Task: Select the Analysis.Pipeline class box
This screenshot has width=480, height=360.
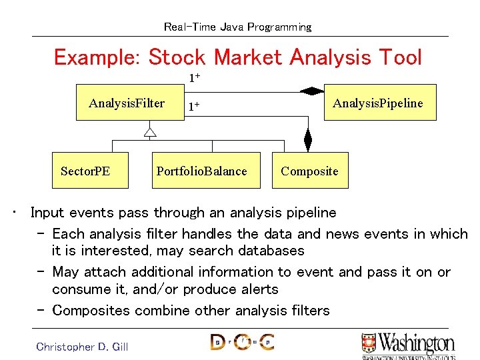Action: tap(379, 103)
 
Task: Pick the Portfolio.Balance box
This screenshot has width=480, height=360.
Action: tap(201, 171)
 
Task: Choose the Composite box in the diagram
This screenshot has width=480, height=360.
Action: tap(309, 171)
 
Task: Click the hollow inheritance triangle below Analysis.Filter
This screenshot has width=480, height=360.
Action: tap(150, 132)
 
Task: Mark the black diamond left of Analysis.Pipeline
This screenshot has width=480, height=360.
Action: tap(311, 91)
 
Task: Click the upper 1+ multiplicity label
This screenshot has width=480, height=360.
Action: tap(194, 78)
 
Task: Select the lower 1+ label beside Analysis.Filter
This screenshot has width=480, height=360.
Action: tap(194, 106)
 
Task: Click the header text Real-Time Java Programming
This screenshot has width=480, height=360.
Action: tap(237, 27)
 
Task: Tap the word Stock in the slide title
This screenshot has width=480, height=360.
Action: tap(177, 57)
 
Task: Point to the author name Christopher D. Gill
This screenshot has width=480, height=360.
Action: tap(82, 347)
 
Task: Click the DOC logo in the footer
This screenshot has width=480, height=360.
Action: tap(241, 343)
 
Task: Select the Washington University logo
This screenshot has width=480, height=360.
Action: tap(407, 345)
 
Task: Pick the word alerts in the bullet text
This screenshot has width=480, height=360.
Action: tap(255, 289)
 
